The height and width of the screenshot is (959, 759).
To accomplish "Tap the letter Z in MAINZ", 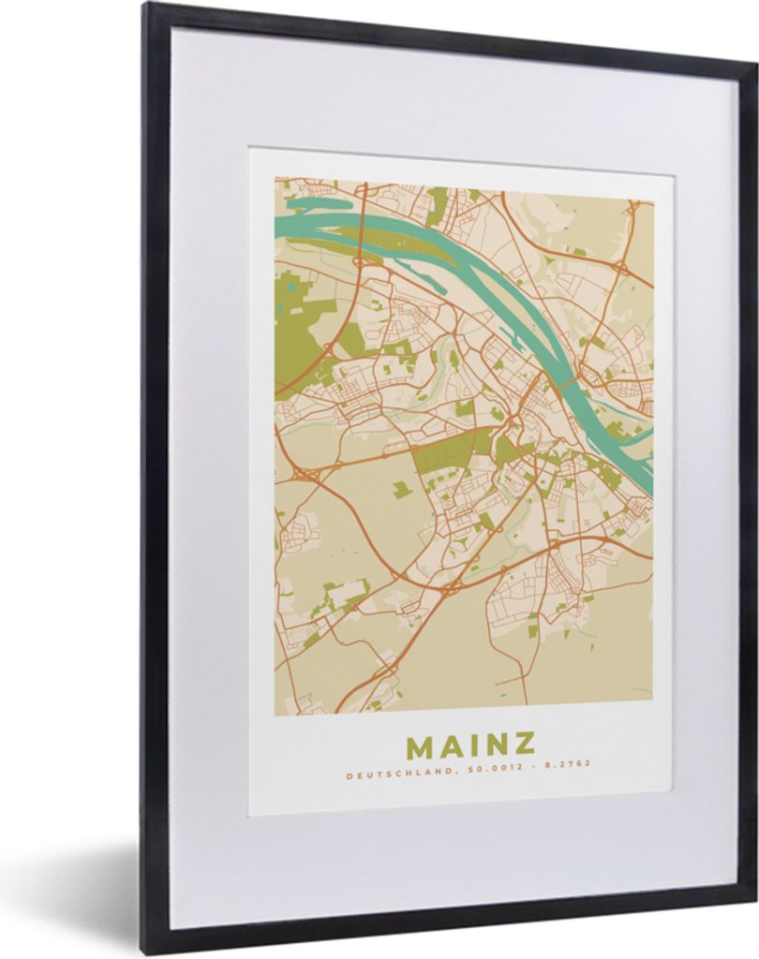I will pyautogui.click(x=523, y=745).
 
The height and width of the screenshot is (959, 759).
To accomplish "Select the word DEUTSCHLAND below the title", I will pyautogui.click(x=383, y=775).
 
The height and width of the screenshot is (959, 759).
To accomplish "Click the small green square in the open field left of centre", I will pyautogui.click(x=402, y=489).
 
